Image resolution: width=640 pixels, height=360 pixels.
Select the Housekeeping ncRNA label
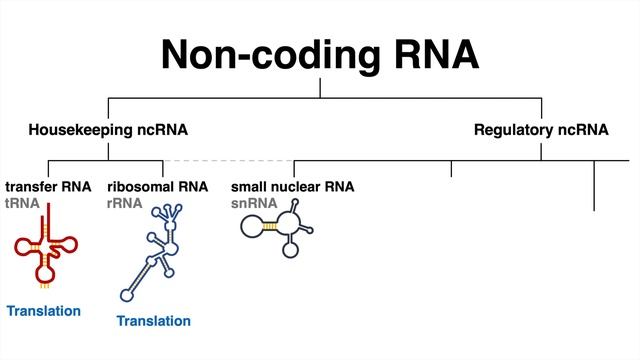pos(108,130)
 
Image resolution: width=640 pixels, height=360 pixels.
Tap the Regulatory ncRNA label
pos(541,130)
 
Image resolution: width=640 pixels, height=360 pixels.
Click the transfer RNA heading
pos(48,186)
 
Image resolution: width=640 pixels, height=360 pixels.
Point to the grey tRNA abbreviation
pos(23,202)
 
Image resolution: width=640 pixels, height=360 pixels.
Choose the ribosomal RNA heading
pos(157,186)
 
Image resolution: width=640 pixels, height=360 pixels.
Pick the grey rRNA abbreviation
pos(124,202)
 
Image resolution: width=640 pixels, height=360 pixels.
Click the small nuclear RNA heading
pos(292,186)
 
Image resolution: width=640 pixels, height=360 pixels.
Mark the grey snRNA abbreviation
pos(254,202)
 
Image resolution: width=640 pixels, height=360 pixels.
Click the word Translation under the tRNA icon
pos(44,311)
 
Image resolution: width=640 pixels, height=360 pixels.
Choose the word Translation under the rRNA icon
pos(153,321)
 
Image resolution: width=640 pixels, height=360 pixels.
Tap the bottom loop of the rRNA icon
pos(127,294)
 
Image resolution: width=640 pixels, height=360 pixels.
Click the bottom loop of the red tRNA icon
pos(44,271)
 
